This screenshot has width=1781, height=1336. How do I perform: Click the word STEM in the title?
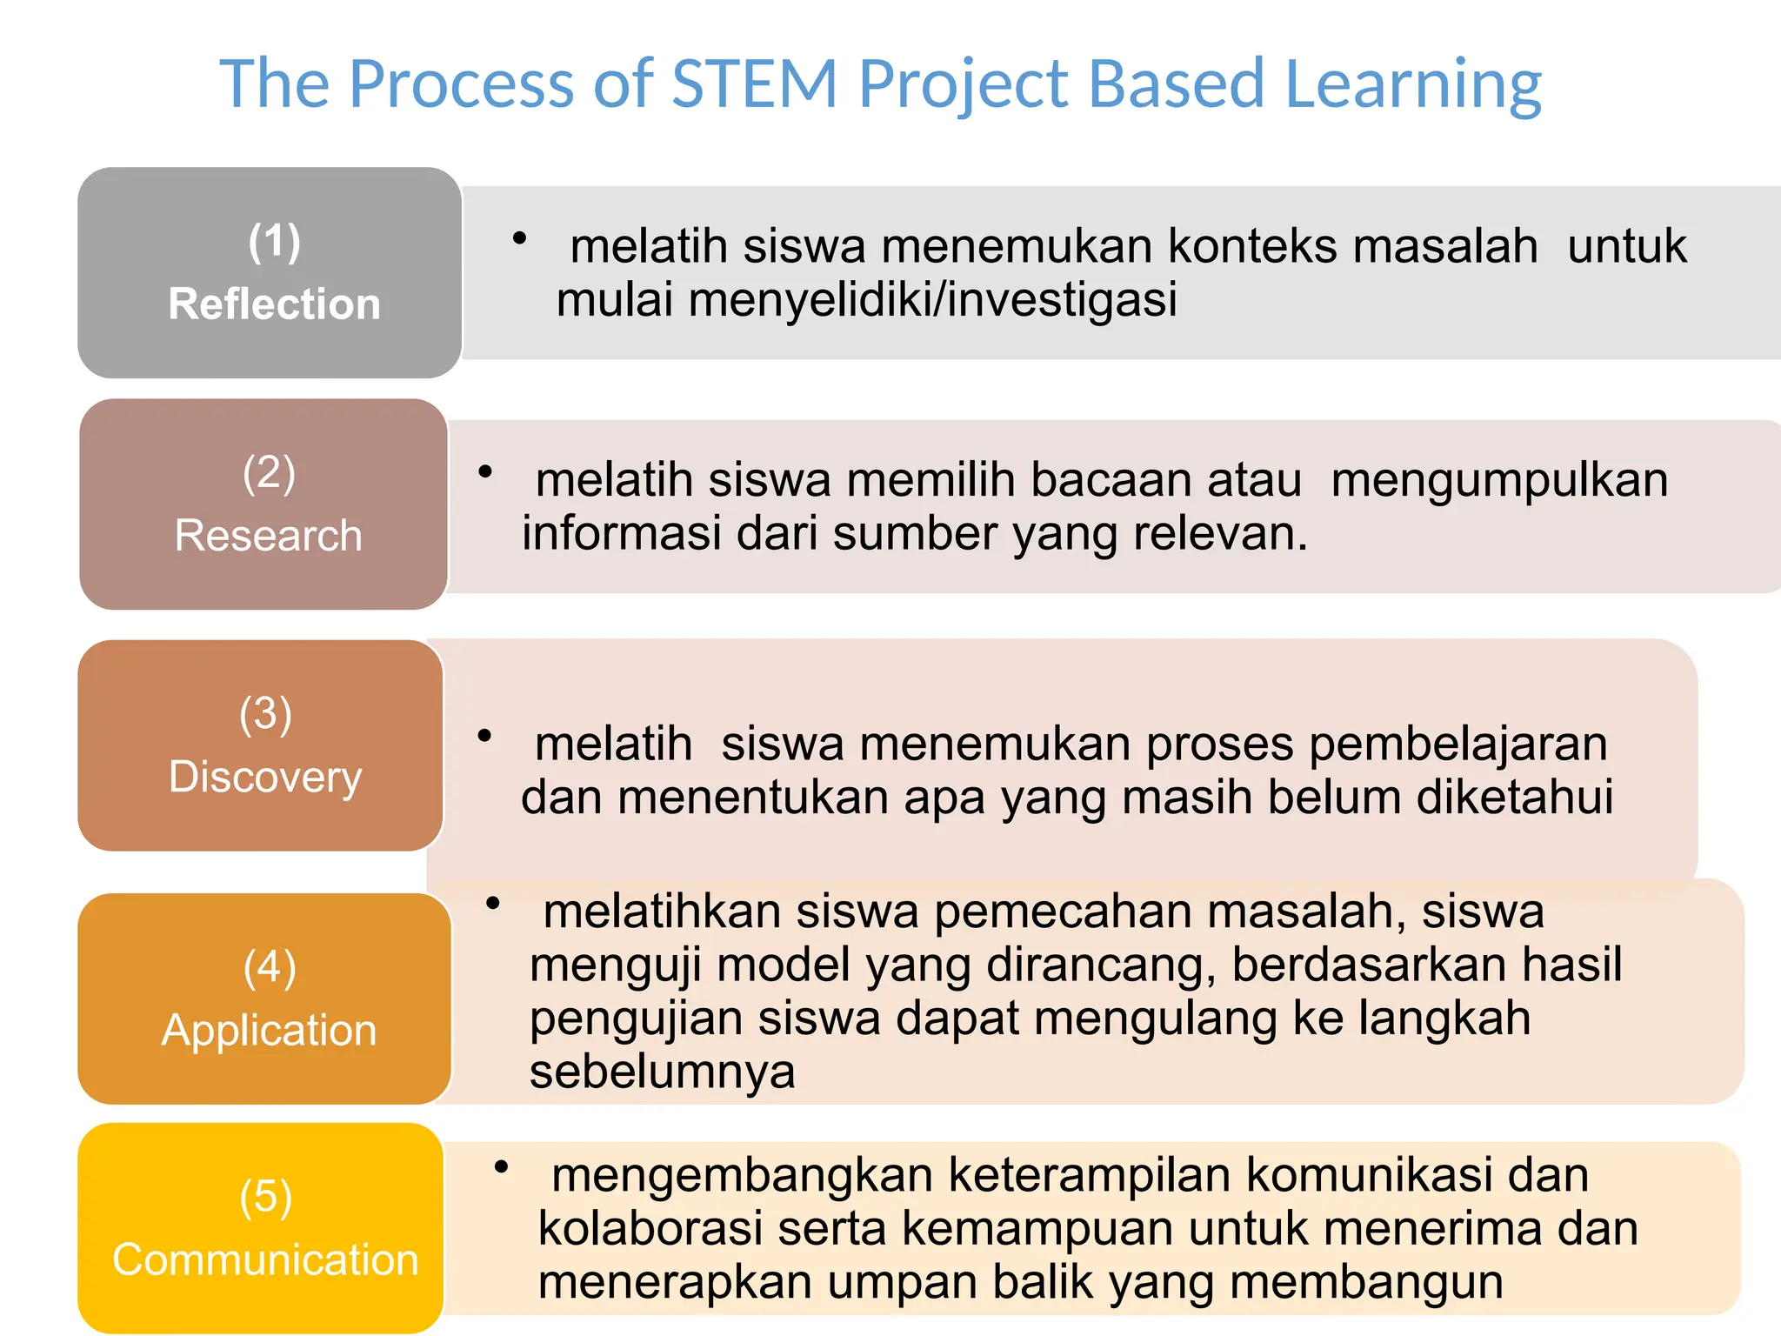[755, 83]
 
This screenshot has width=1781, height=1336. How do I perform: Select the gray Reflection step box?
[270, 272]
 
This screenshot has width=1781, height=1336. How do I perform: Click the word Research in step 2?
[268, 535]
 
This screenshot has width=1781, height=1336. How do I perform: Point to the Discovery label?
[265, 777]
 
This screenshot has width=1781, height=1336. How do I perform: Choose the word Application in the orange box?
[269, 1031]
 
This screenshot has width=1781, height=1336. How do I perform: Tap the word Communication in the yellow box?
[265, 1259]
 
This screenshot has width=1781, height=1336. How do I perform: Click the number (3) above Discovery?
[265, 713]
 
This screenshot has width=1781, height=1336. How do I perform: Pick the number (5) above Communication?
[265, 1197]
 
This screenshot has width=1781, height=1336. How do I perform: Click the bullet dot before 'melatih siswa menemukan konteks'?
[520, 238]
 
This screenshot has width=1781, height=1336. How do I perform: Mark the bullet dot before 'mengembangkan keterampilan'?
[501, 1167]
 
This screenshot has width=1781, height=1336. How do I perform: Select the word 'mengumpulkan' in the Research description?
[1499, 481]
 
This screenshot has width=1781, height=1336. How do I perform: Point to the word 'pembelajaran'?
[1457, 745]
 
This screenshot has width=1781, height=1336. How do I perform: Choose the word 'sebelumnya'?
[662, 1072]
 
